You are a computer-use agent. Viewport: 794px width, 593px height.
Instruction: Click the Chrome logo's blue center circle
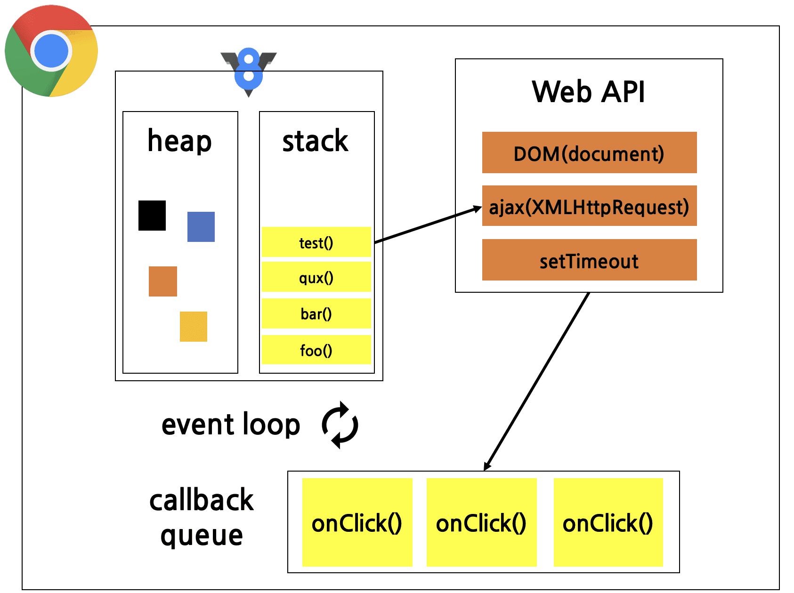[x=51, y=51]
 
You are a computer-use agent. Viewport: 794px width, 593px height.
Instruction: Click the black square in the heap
[x=152, y=216]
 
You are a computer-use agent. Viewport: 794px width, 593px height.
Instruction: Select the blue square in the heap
[x=201, y=227]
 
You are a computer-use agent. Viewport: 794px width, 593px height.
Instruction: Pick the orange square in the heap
[x=163, y=281]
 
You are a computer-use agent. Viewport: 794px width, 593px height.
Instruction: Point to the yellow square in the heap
[x=194, y=327]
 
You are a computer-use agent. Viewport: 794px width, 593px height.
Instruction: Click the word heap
[x=179, y=141]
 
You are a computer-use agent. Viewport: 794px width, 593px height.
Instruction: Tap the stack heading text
[x=315, y=141]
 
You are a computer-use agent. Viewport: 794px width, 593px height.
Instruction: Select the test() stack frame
[x=316, y=242]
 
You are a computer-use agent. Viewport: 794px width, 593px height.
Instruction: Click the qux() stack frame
[x=316, y=278]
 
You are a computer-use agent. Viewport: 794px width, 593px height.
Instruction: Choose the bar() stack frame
[x=316, y=313]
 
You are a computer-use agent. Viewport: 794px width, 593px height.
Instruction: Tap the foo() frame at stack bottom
[x=316, y=350]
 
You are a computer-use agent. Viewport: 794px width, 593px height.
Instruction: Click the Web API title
[x=588, y=92]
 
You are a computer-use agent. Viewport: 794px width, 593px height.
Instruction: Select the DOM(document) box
[x=589, y=153]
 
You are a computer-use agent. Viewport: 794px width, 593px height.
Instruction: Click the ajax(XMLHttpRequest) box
[x=589, y=206]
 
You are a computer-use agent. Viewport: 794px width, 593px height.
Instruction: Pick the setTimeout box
[x=589, y=260]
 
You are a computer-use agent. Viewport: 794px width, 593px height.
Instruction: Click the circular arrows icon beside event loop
[x=340, y=425]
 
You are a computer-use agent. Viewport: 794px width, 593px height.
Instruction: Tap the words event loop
[x=231, y=425]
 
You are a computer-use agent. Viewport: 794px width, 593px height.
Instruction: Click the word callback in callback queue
[x=202, y=500]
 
